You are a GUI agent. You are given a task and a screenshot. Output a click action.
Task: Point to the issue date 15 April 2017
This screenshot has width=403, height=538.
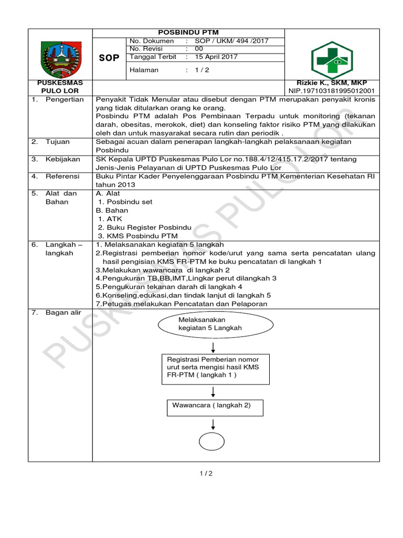click(216, 57)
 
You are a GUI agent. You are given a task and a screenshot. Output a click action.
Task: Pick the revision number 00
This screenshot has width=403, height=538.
click(198, 49)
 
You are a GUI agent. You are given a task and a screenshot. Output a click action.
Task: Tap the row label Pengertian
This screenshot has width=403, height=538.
click(65, 99)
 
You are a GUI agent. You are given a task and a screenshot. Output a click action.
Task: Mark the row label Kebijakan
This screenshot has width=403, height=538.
click(62, 159)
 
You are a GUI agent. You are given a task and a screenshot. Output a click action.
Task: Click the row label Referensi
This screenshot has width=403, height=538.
click(62, 176)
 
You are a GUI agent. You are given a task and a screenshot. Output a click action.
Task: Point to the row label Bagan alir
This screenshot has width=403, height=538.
click(63, 313)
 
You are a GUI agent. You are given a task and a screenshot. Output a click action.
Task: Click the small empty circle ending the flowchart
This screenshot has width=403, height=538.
click(213, 441)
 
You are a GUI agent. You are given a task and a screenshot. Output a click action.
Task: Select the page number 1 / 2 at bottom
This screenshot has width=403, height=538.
click(206, 473)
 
